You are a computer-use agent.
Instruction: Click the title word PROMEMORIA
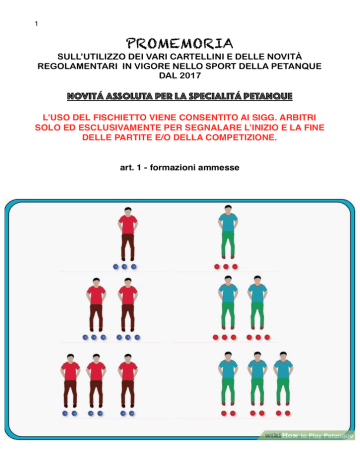click(x=179, y=44)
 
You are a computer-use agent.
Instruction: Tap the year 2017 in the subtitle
click(x=190, y=76)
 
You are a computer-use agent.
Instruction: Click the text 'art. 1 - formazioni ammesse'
click(x=180, y=167)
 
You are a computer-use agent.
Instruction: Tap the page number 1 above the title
click(x=36, y=24)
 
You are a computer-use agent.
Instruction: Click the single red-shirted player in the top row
click(x=128, y=234)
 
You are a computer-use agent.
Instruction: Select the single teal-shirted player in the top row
click(x=228, y=232)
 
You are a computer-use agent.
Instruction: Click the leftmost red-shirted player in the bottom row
click(x=70, y=381)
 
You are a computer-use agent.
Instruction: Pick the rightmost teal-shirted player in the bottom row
click(x=283, y=379)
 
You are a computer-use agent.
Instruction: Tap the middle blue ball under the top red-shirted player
click(x=124, y=267)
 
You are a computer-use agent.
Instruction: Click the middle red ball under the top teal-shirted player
click(x=226, y=267)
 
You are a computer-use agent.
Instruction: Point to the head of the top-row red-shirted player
click(x=128, y=211)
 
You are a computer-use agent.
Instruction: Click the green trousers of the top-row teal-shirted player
click(x=228, y=244)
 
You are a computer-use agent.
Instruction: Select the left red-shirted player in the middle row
click(x=96, y=305)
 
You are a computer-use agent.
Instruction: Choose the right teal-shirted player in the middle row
click(x=257, y=303)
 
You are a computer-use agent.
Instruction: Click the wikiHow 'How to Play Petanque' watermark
click(x=308, y=435)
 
